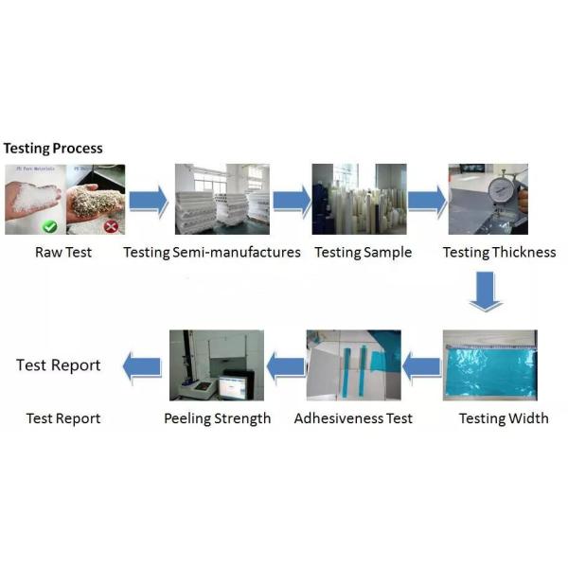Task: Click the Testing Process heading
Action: click(53, 149)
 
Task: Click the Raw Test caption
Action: click(63, 252)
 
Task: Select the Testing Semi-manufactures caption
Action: click(212, 252)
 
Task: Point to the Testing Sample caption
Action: click(363, 252)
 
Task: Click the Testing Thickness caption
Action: click(499, 252)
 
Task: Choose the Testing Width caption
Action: click(504, 417)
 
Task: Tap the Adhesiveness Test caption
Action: click(353, 417)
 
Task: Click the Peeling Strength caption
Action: click(217, 417)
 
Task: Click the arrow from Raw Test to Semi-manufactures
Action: click(148, 201)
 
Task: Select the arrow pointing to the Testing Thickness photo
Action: click(426, 201)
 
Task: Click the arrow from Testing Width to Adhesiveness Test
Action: click(422, 365)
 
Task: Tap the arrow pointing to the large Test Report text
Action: click(143, 365)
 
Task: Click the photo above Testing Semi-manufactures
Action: click(222, 200)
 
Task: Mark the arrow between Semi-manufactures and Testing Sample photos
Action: click(292, 201)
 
